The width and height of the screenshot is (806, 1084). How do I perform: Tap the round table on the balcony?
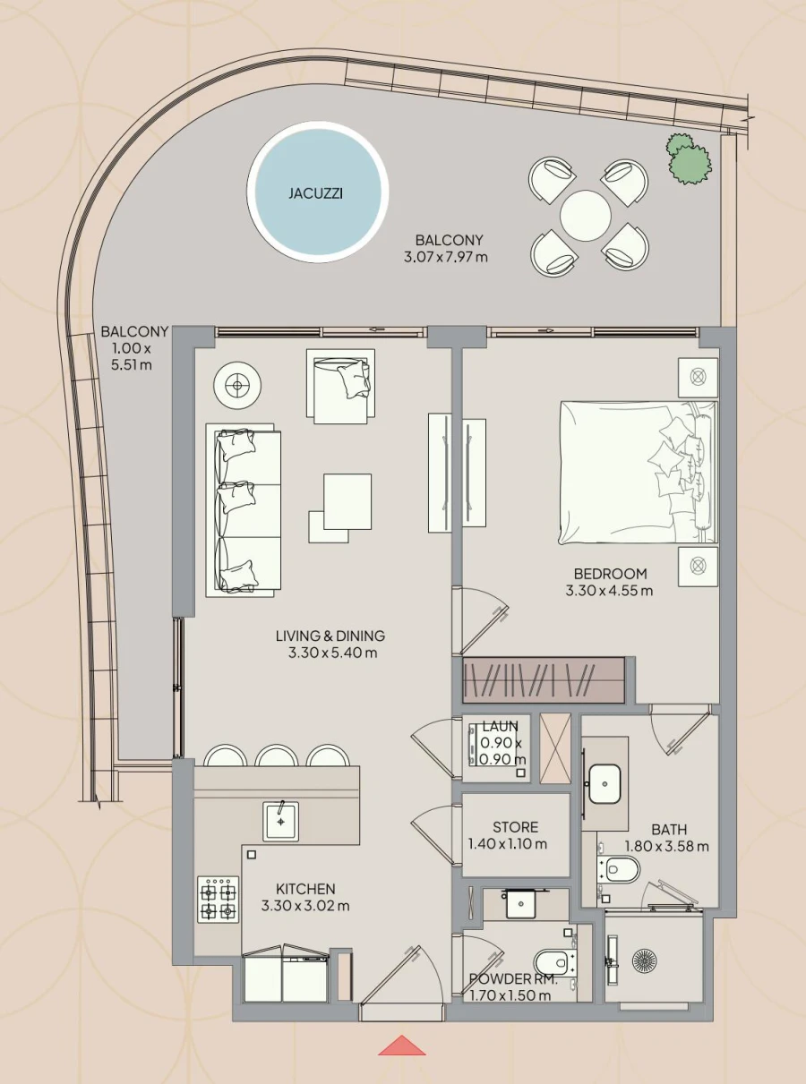coord(586,215)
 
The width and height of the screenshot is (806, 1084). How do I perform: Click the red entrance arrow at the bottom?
coord(402,1046)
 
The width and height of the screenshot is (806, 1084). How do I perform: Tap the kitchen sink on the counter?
coord(281,821)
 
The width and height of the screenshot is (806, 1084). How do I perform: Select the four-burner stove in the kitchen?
coord(218,900)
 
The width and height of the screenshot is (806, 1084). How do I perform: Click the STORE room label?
coord(515,827)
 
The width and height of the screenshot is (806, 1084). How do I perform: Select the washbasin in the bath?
coord(604,785)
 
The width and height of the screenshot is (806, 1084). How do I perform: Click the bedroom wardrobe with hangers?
coord(543,680)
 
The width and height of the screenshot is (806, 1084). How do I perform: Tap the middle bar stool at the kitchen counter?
coord(276,757)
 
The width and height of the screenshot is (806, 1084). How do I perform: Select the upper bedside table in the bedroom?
coord(698,377)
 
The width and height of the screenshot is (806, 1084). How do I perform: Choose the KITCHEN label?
coord(305,889)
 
